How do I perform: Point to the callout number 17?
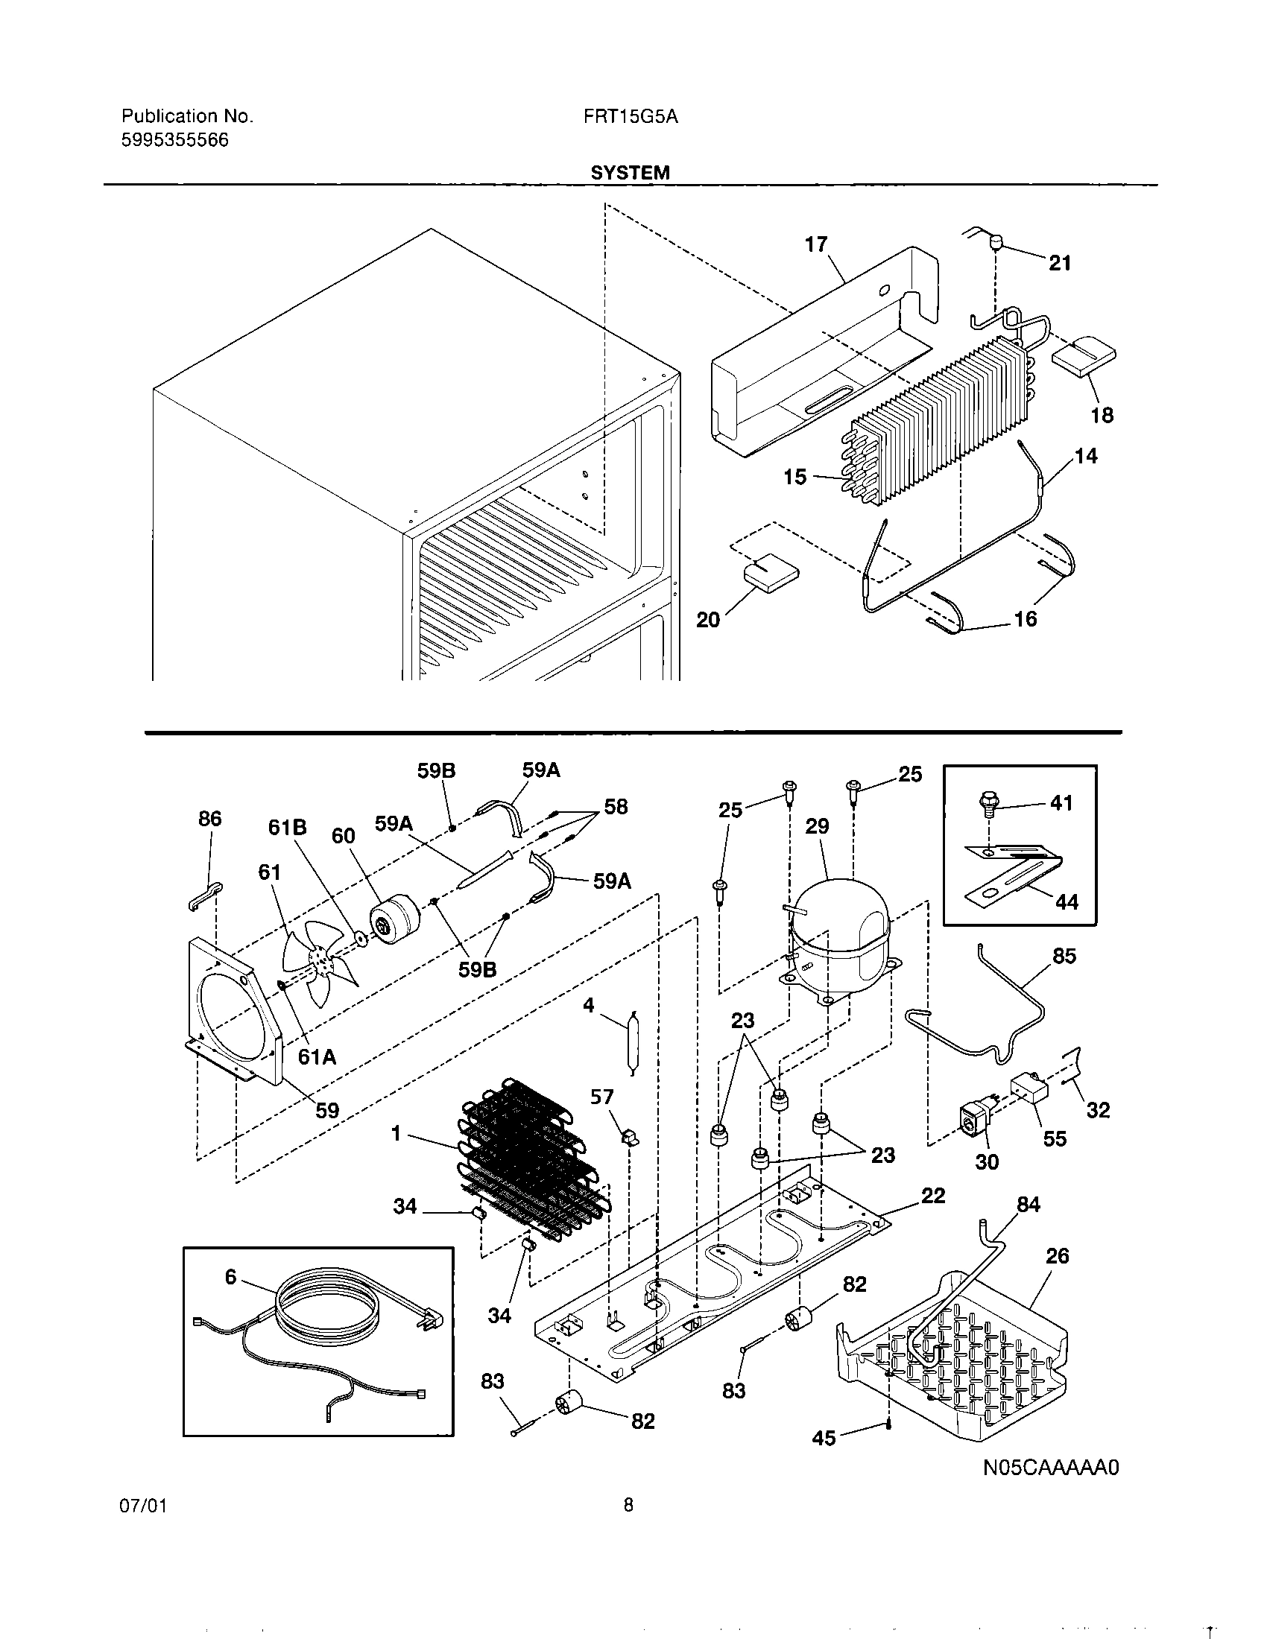815,244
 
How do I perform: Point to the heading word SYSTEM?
630,173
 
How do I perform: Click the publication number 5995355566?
175,140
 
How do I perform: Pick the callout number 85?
1064,957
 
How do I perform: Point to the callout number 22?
933,1196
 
